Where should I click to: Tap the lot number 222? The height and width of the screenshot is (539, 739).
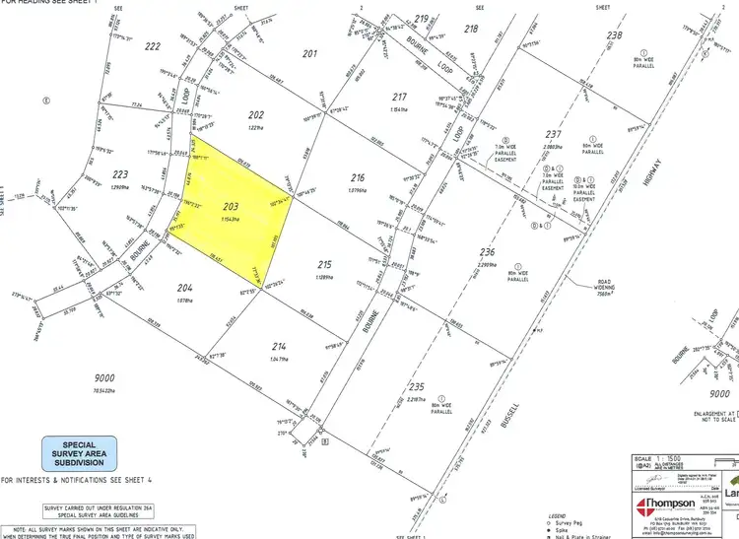[x=153, y=46]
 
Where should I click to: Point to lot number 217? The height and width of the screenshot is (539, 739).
[x=399, y=97]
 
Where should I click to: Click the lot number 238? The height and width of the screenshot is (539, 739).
[x=615, y=36]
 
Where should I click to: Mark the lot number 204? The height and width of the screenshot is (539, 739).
[x=184, y=288]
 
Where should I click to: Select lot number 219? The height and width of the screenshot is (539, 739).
[x=422, y=19]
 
